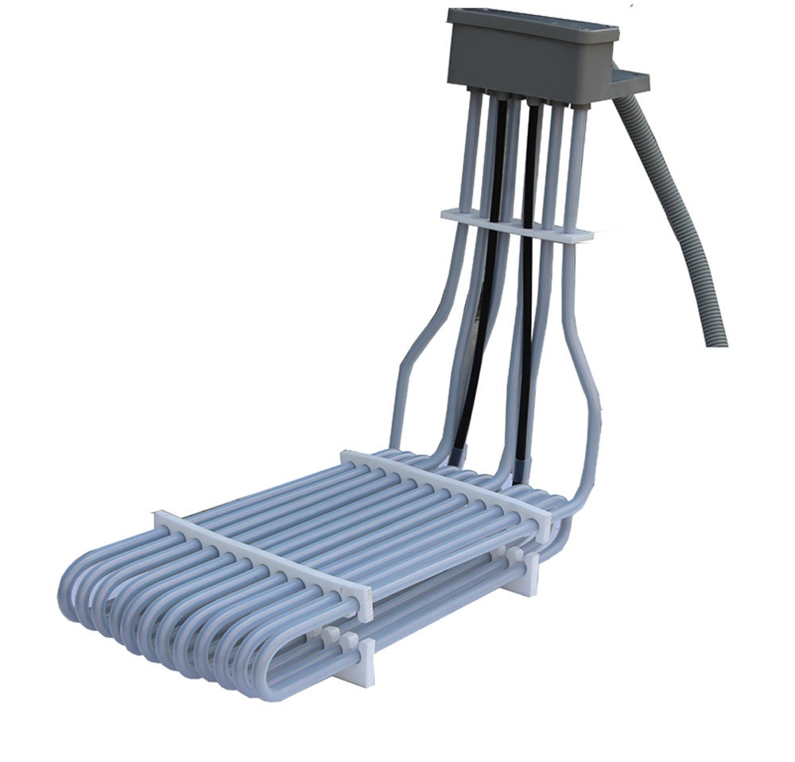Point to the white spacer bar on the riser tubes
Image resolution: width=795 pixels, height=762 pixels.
coord(517,225)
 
